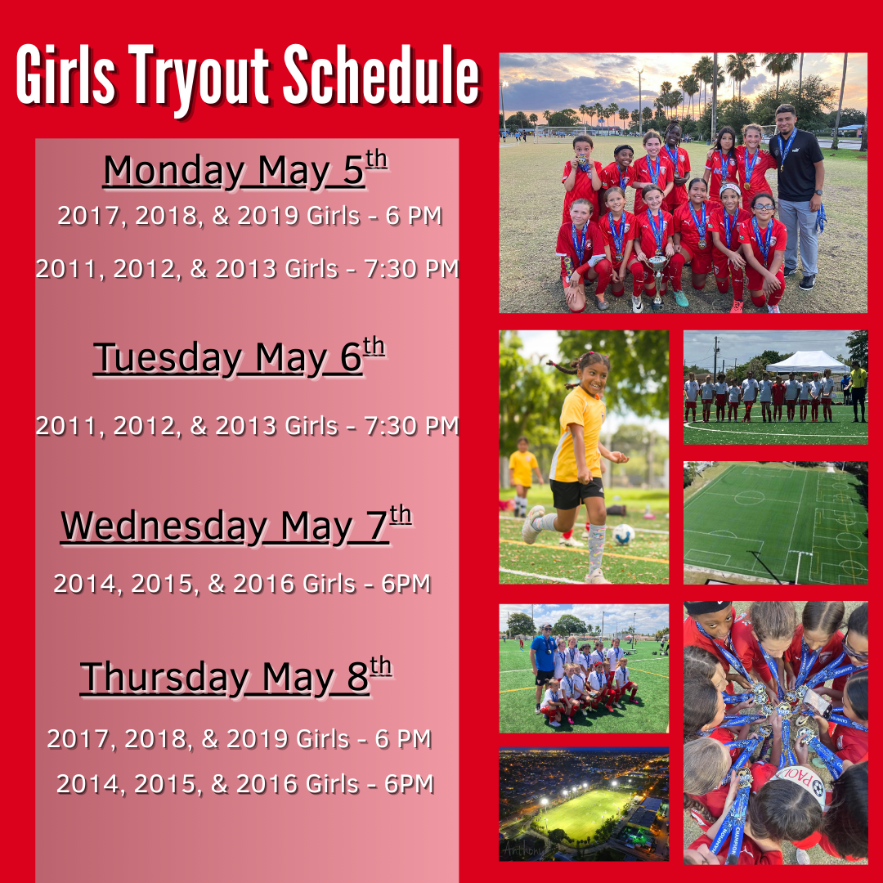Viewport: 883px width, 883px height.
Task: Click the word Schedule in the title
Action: [x=381, y=75]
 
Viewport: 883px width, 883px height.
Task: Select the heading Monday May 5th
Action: [x=245, y=169]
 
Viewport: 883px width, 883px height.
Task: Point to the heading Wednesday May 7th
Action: [x=236, y=525]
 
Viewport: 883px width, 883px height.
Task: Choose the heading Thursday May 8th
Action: [x=236, y=676]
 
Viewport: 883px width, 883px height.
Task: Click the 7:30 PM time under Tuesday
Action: [x=411, y=426]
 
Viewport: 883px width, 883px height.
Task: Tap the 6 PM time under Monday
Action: [x=414, y=216]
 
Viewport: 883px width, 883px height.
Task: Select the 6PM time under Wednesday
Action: [x=406, y=584]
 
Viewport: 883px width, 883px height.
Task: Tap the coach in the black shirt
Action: [x=798, y=196]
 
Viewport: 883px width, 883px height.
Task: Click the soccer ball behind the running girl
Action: [x=623, y=535]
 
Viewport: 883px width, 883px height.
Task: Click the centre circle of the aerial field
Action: [x=749, y=498]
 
